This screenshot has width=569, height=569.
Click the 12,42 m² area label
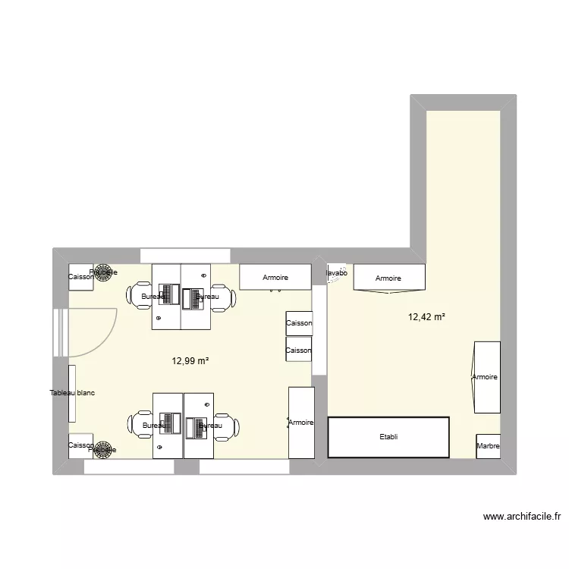[x=426, y=317]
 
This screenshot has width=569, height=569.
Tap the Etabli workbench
[x=388, y=437]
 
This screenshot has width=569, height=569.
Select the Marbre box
[x=488, y=446]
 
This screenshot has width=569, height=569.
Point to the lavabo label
[x=336, y=273]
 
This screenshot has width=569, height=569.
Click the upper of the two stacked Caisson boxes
[x=298, y=323]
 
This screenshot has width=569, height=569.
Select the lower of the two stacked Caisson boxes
[x=298, y=350]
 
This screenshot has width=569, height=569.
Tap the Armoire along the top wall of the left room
[x=275, y=277]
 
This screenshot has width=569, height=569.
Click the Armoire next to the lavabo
[x=388, y=278]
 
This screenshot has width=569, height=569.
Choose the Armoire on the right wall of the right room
[x=486, y=377]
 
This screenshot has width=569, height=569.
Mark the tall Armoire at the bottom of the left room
[x=301, y=422]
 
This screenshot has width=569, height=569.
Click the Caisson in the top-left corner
[x=80, y=277]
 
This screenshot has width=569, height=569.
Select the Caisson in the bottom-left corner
[x=80, y=446]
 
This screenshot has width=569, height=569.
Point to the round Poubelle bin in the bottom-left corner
[x=103, y=449]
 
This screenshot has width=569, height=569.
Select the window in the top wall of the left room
[x=185, y=255]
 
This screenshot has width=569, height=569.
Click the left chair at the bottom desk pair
[x=141, y=426]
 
